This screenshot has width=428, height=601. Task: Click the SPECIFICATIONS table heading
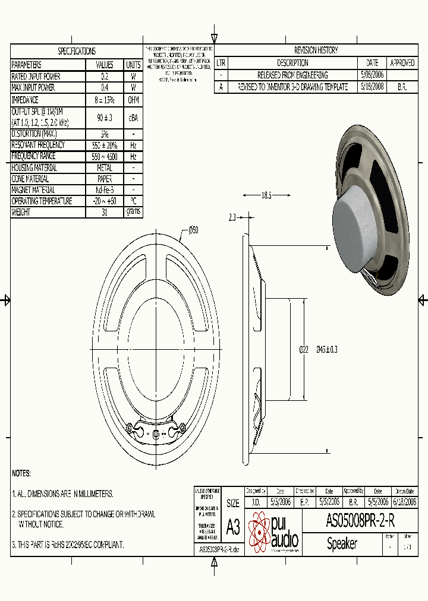tap(76, 51)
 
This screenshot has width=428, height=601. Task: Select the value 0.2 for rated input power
tap(105, 76)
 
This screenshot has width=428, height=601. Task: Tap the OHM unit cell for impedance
tap(133, 100)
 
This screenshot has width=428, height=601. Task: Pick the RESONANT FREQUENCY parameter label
tap(39, 145)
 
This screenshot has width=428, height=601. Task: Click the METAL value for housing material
tap(105, 168)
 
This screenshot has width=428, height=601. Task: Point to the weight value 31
tap(105, 212)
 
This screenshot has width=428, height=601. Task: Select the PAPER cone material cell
tap(105, 179)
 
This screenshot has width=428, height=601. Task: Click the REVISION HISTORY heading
tap(316, 50)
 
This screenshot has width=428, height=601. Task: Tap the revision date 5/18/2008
tap(372, 87)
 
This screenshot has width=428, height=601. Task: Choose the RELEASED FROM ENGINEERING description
tap(292, 75)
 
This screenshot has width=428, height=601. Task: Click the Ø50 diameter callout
tap(193, 230)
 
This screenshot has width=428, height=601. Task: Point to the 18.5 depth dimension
tap(266, 195)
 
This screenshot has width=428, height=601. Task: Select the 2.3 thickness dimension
tap(232, 217)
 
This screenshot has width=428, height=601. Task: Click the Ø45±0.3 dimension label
tap(327, 350)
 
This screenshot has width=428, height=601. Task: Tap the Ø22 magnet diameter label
tap(303, 350)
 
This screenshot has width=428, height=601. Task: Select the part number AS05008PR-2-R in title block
tap(360, 521)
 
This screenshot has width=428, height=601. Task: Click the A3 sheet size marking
tap(233, 526)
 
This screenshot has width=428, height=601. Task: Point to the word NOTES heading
tap(21, 473)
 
